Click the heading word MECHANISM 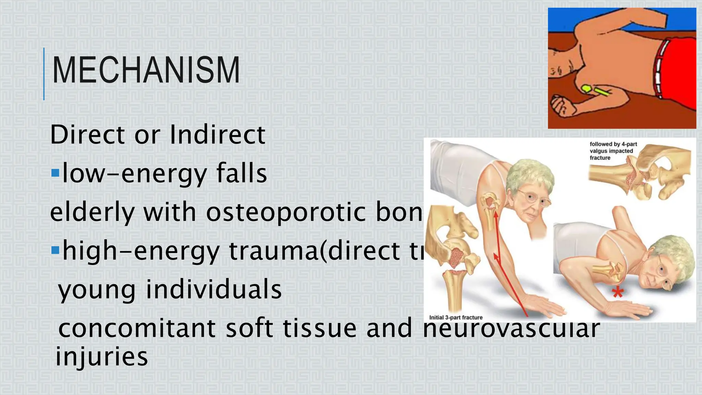(146, 70)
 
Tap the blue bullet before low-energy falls (55, 172)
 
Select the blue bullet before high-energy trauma (55, 250)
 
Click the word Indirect (217, 134)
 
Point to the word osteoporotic (286, 212)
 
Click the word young (97, 290)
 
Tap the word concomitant (137, 328)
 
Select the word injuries (102, 356)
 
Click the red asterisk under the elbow (618, 292)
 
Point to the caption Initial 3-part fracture (456, 318)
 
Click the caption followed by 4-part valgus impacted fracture (613, 151)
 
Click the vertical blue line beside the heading (44, 74)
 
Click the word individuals (214, 289)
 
